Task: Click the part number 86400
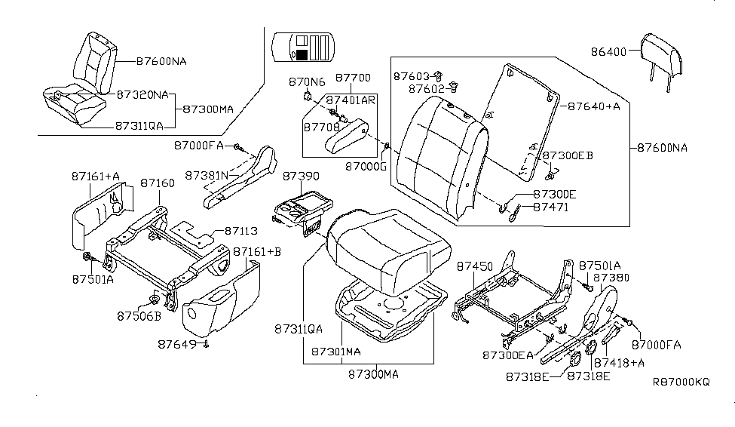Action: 612,53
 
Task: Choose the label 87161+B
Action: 256,251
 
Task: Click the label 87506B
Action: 137,315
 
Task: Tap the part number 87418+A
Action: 620,363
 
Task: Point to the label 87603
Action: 411,77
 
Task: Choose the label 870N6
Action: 306,81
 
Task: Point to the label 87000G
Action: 365,164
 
